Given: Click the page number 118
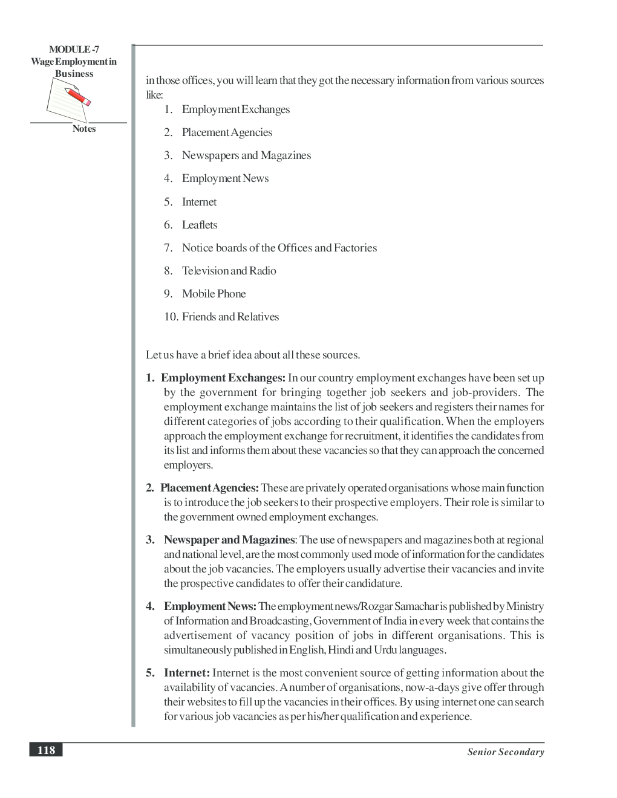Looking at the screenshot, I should pos(46,750).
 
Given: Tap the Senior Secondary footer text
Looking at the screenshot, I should pos(505,752).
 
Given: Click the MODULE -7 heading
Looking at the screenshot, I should pos(74,50).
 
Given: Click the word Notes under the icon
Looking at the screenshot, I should pos(84,129).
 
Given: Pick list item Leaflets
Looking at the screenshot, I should pos(200,225).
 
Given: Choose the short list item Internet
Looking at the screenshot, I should pos(199,202).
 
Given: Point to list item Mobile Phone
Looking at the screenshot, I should pos(214,294).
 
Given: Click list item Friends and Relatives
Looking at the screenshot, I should pos(230,317).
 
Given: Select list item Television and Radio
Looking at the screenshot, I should pos(229,271).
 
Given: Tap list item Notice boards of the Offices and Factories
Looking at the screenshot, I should pos(279,248).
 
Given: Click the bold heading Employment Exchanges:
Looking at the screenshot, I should pos(223,378).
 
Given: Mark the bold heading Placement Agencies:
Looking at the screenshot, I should pos(209,488).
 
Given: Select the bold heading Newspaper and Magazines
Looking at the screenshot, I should pos(229,540).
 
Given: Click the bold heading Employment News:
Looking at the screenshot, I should pos(210,606).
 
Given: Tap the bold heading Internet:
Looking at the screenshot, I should pos(186,673).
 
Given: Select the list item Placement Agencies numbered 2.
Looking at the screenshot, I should pos(227,132).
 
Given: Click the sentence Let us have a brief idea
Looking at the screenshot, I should pos(253,355).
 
